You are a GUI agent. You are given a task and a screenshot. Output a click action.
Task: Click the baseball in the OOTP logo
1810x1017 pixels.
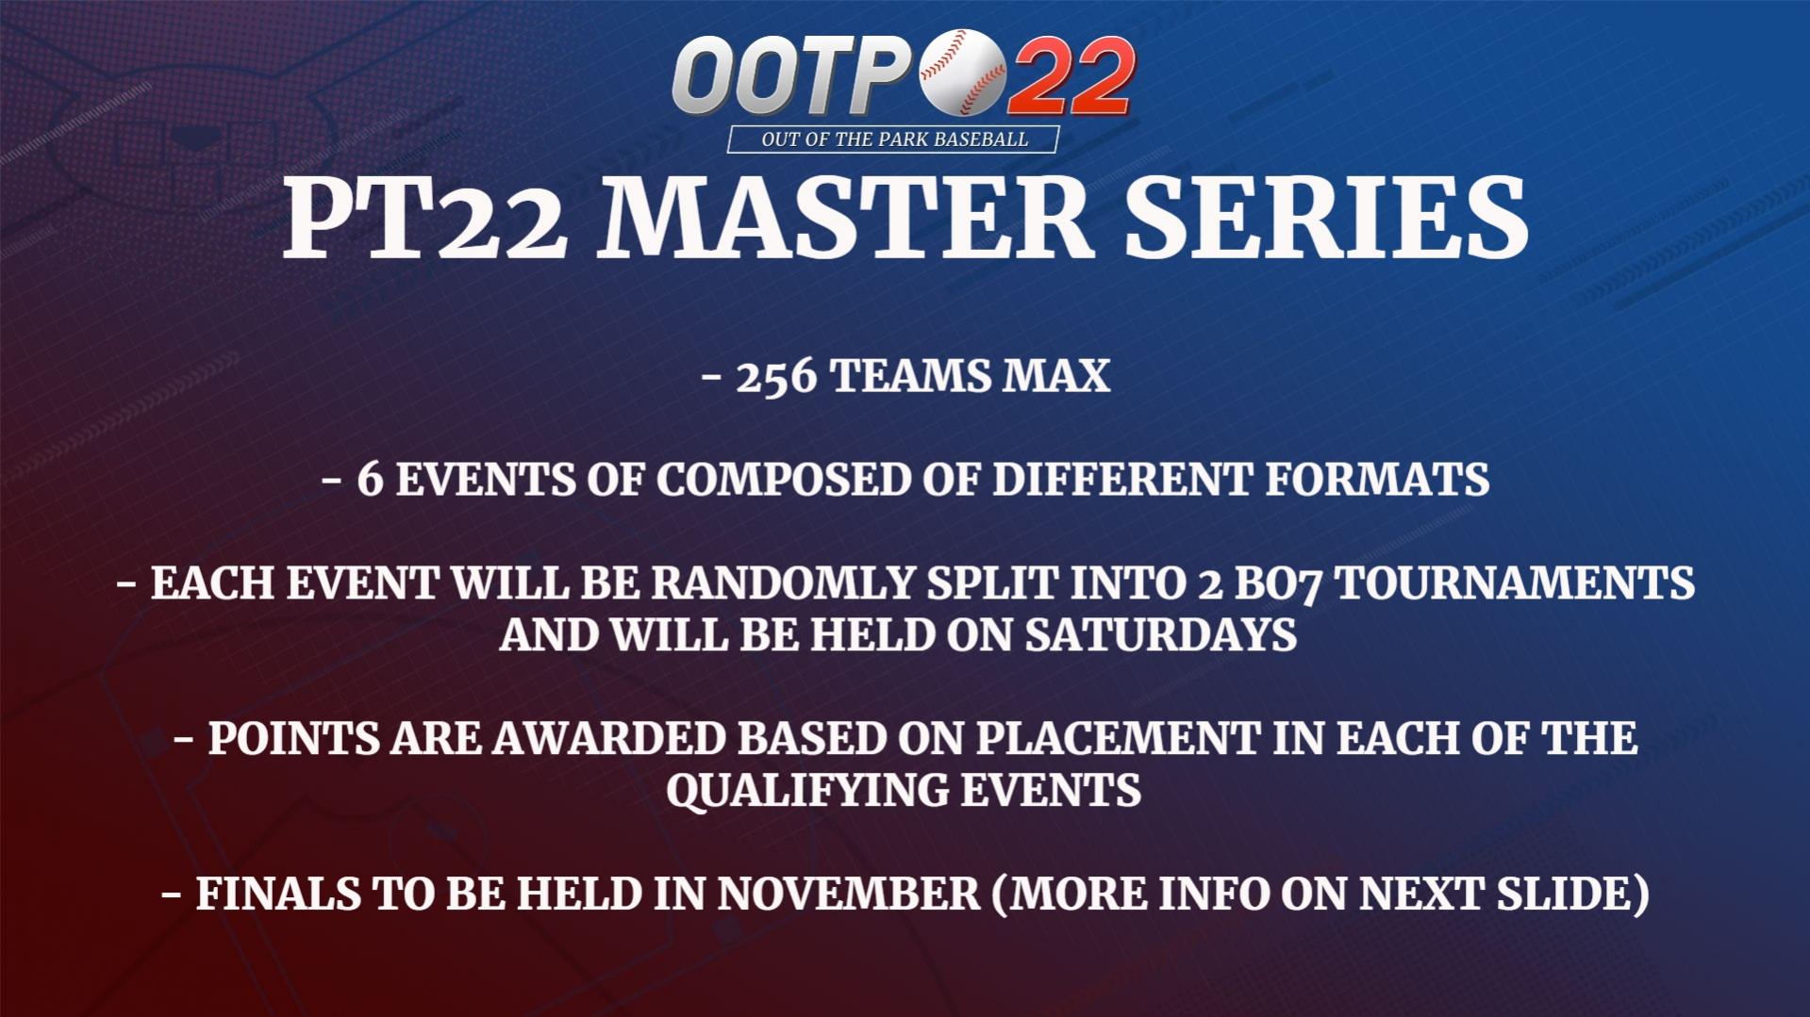(x=962, y=73)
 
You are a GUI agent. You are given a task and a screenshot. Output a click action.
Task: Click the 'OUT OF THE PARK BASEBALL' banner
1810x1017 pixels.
(x=893, y=139)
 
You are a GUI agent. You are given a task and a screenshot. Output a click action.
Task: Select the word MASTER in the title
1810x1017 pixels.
(x=846, y=219)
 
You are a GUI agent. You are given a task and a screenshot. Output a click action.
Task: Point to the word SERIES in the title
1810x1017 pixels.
(x=1325, y=219)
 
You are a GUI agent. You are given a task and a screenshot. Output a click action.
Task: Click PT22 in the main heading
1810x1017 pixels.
(x=425, y=219)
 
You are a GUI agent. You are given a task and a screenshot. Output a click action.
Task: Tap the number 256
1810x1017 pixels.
(x=776, y=377)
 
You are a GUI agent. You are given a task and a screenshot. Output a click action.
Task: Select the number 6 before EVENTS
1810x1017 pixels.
(x=370, y=480)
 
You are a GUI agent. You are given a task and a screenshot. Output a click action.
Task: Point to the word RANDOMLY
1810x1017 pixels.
(x=782, y=583)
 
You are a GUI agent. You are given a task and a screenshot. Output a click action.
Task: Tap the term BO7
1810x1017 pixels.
(x=1278, y=584)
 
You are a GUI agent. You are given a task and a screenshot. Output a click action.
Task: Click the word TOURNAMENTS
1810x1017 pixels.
(x=1514, y=583)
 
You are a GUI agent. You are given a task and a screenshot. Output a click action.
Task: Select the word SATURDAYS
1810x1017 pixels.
(x=1161, y=635)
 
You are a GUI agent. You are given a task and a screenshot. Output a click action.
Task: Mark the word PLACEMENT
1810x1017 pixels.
(x=1118, y=739)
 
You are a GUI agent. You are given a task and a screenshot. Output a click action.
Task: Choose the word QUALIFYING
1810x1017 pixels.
(x=807, y=791)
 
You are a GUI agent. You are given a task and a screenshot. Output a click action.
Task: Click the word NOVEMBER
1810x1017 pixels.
(x=849, y=894)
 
